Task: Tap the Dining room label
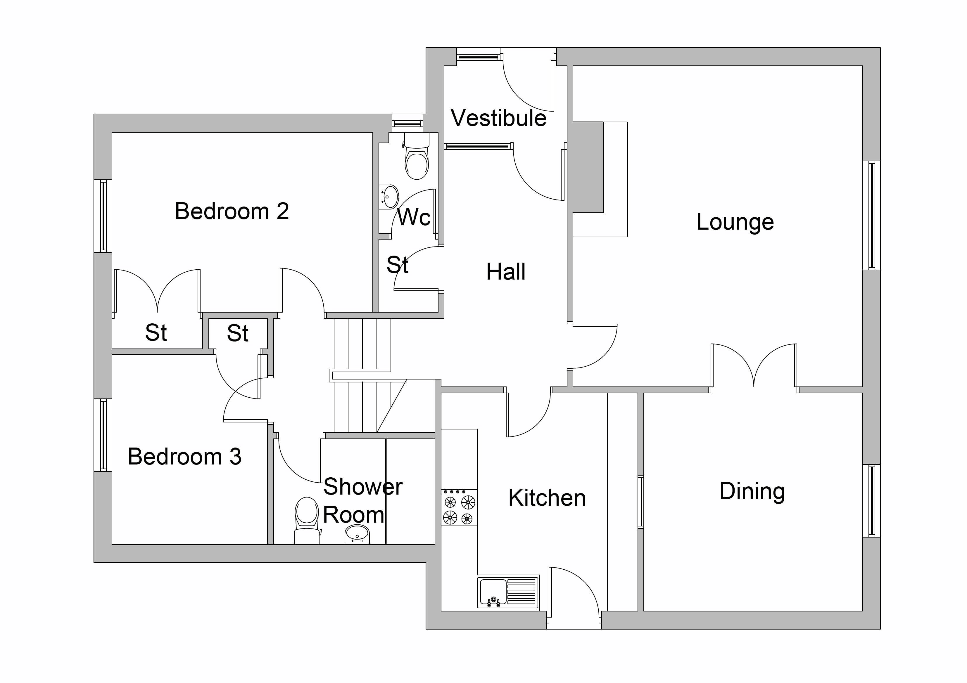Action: coord(752,491)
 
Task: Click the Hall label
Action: coord(505,272)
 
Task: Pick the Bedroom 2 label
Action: coord(232,211)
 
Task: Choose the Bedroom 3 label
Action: coord(184,457)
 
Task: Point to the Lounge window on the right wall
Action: coord(871,216)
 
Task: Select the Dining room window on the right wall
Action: coord(871,500)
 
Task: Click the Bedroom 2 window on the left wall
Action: coord(103,216)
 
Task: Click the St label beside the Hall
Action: coord(397,265)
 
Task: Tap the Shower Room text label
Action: coord(362,501)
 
